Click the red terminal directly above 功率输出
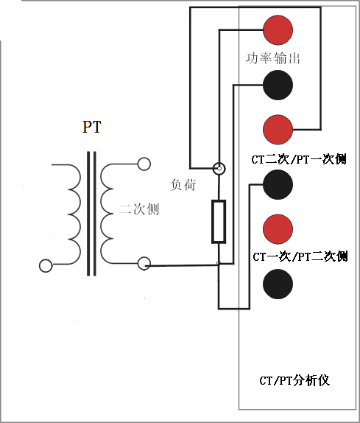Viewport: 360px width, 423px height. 278,29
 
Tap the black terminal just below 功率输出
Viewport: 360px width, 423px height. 278,85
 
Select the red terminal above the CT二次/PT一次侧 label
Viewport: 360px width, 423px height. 278,130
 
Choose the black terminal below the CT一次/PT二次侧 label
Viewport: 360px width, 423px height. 278,284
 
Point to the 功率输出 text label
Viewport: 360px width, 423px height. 272,57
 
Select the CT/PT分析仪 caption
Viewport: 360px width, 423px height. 293,380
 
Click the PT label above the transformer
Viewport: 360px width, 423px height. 91,127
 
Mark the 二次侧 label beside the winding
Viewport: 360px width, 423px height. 139,209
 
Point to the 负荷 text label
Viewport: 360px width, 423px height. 183,185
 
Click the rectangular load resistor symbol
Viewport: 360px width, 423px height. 219,221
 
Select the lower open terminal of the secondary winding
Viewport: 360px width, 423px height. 144,263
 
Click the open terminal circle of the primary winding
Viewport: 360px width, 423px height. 46,265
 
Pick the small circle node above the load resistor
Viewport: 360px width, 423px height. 219,169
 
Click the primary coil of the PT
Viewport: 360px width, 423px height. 71,213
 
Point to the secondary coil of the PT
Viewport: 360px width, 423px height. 108,213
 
